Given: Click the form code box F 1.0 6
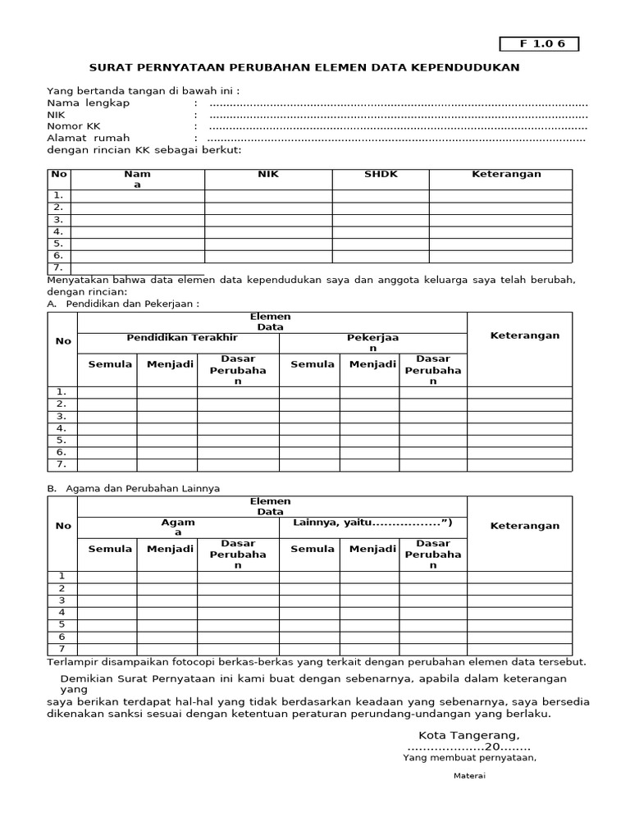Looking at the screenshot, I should tap(539, 44).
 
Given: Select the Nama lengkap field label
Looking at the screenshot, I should tap(88, 103).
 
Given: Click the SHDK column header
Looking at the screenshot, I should tap(381, 175).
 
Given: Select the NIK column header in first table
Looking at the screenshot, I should tap(268, 175).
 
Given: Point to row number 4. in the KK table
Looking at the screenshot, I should tap(58, 232).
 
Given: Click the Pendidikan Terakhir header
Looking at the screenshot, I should tap(182, 338).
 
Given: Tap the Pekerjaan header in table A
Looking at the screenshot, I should tap(372, 343).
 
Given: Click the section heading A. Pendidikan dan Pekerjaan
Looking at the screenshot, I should tap(123, 304).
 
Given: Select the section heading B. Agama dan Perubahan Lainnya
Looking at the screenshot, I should tap(133, 488).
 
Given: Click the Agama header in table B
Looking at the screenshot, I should tap(178, 527).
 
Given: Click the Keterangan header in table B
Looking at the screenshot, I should tap(524, 526).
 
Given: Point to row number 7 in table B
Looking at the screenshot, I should tap(61, 649).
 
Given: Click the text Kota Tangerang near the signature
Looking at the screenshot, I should tap(468, 735).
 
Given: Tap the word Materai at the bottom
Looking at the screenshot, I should tap(470, 776).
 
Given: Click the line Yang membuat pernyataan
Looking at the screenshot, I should tap(469, 758).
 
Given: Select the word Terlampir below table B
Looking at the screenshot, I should tap(71, 662).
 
